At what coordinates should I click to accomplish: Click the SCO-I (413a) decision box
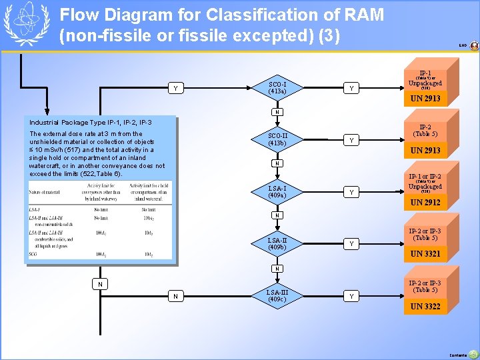coord(277,88)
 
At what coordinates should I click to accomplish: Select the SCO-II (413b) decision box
coord(277,139)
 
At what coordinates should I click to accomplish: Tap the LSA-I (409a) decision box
coord(277,192)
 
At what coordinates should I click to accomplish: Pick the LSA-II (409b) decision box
coord(277,243)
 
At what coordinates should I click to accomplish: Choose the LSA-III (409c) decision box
coord(277,295)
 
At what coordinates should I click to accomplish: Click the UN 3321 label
coord(425,254)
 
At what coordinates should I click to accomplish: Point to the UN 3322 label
coord(425,307)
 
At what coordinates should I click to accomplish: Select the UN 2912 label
coord(425,203)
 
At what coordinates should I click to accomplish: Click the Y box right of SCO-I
coord(351,88)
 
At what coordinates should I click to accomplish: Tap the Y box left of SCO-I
coord(175,88)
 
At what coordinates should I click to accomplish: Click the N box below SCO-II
coord(277,163)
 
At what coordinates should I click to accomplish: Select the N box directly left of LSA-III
coord(175,295)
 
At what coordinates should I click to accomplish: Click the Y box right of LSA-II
coord(351,243)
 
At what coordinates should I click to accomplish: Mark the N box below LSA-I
coord(277,215)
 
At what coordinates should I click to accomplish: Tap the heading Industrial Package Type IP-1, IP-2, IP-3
coord(91,123)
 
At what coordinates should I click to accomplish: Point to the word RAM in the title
coord(363,15)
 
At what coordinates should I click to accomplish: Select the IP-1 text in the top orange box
coord(425,73)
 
